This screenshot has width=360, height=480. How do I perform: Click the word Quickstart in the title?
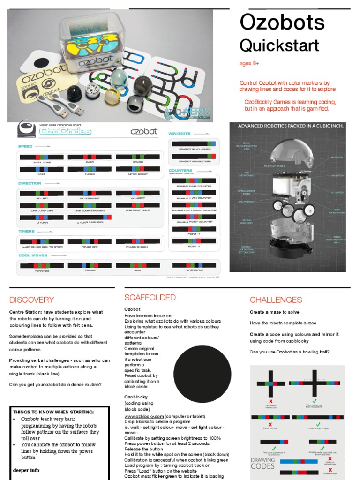pyautogui.click(x=279, y=45)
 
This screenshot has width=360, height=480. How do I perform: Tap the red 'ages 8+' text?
pyautogui.click(x=249, y=63)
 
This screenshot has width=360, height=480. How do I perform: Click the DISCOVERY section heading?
pyautogui.click(x=32, y=300)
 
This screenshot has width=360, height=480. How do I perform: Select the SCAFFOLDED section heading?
pyautogui.click(x=150, y=298)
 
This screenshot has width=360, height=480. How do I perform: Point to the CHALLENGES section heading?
pyautogui.click(x=276, y=300)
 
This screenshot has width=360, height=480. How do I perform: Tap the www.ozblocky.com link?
pyautogui.click(x=144, y=416)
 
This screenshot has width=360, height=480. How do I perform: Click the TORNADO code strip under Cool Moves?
pyautogui.click(x=42, y=265)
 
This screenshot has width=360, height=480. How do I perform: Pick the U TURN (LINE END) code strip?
pyautogui.click(x=90, y=217)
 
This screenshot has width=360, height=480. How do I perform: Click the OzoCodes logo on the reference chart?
pyautogui.click(x=59, y=132)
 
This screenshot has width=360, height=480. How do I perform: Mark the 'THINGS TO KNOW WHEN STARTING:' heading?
pyautogui.click(x=53, y=412)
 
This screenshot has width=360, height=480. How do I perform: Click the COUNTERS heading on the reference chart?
pyautogui.click(x=180, y=170)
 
